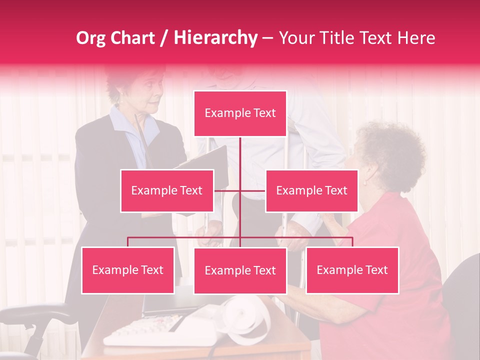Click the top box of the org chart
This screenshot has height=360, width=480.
pyautogui.click(x=240, y=113)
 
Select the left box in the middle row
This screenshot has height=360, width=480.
pyautogui.click(x=167, y=190)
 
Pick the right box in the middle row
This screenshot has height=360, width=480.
pyautogui.click(x=311, y=190)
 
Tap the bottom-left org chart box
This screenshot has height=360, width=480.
pyautogui.click(x=128, y=270)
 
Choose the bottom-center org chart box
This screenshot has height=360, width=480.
pyautogui.click(x=240, y=270)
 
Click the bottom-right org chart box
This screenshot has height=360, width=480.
pyautogui.click(x=352, y=270)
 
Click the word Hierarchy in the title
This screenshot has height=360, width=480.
pyautogui.click(x=215, y=38)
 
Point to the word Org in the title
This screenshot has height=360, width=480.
pyautogui.click(x=90, y=38)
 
